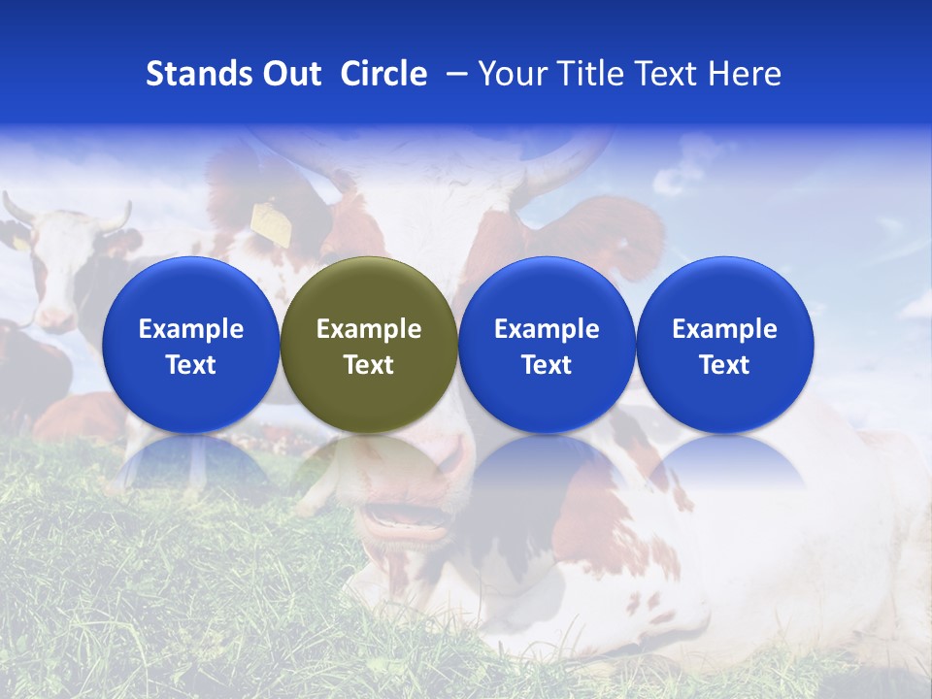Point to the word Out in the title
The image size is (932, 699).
289,74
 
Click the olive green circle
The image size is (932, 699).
369,345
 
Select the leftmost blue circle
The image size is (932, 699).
190,345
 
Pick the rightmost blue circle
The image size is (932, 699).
724,345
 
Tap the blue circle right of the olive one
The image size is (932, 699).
547,345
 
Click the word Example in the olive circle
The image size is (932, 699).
369,329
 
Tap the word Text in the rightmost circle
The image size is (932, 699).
724,365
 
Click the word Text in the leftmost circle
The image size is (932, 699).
190,365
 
